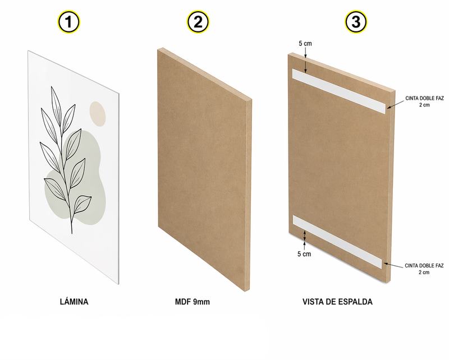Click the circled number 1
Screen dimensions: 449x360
tap(68, 22)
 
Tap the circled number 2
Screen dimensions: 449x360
tap(198, 22)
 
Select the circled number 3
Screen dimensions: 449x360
tap(356, 22)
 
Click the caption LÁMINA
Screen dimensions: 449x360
tap(74, 302)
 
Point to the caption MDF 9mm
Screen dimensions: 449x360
tap(193, 302)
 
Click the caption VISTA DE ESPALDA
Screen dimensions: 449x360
tap(337, 302)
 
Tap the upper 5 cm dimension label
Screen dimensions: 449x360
tap(305, 44)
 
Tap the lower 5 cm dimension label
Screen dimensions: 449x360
tap(304, 254)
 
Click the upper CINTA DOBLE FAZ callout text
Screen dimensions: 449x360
tap(424, 101)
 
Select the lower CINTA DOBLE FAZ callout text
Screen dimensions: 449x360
tap(424, 269)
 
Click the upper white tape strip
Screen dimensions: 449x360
tap(339, 91)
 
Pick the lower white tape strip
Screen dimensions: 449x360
tap(337, 242)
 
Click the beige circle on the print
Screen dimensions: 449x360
tap(98, 114)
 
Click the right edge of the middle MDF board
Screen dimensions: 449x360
tap(248, 195)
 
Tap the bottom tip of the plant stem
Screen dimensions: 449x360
tap(72, 233)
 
